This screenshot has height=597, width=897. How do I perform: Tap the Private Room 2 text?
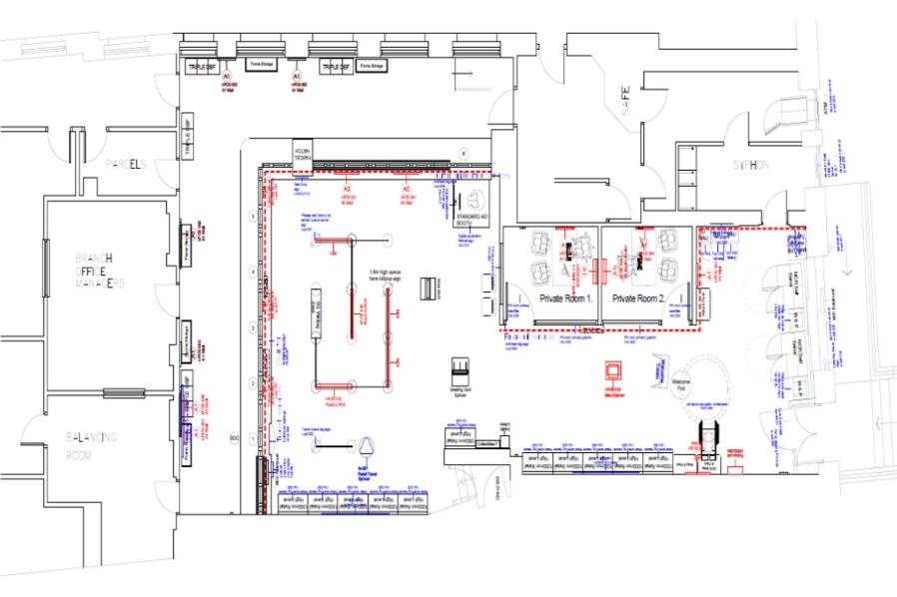pyautogui.click(x=639, y=298)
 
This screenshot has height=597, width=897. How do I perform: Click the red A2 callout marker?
pyautogui.click(x=406, y=188)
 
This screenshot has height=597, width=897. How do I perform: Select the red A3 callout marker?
pyautogui.click(x=347, y=188)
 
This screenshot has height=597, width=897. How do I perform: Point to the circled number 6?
pyautogui.click(x=463, y=151)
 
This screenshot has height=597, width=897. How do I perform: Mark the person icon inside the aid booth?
pyautogui.click(x=472, y=198)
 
